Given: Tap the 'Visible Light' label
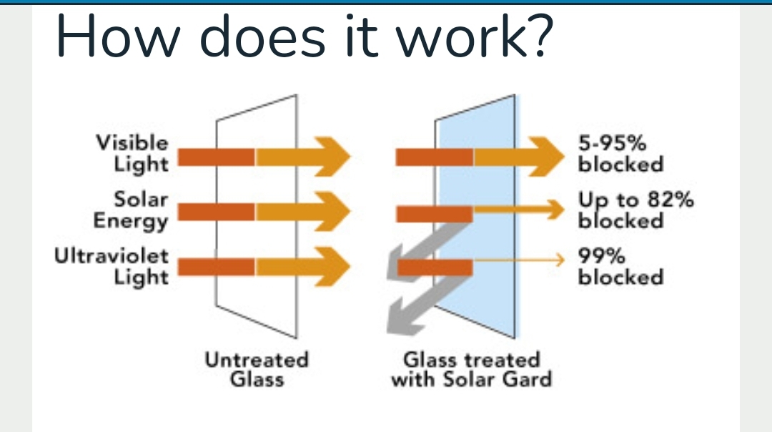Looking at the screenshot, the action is [x=133, y=153].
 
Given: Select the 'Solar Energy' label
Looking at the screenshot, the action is [x=131, y=210].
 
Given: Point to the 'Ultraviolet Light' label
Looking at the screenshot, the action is [x=112, y=266].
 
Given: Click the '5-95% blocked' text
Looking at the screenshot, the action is [x=621, y=153].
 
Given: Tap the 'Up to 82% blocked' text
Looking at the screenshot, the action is [x=636, y=210].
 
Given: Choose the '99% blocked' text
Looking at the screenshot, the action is [x=621, y=266].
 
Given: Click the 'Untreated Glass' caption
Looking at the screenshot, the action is [x=257, y=370].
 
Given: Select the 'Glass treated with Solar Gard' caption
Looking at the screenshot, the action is [x=472, y=370].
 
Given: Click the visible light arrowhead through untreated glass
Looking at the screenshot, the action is [x=333, y=157].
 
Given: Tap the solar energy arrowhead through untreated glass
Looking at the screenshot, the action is [x=333, y=212].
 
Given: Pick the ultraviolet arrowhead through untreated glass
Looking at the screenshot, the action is [x=333, y=267].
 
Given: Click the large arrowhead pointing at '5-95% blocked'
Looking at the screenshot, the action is [x=547, y=157].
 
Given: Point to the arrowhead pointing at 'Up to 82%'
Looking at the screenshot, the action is [x=555, y=210].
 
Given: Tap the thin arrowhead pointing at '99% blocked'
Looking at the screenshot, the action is [x=559, y=259].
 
